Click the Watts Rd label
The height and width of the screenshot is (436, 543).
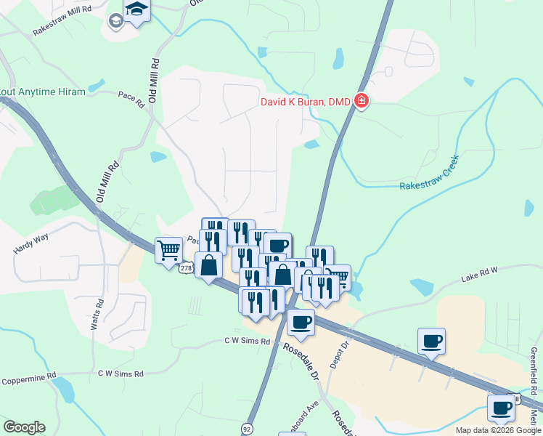[x=94, y=315]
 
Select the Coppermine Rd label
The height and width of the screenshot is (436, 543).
[x=28, y=378]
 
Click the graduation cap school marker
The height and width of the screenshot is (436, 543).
[x=136, y=10]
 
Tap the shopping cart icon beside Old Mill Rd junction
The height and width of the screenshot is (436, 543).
[x=169, y=251]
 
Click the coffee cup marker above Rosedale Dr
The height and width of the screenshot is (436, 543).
[x=301, y=322]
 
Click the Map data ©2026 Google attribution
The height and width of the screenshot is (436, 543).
[x=497, y=429]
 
